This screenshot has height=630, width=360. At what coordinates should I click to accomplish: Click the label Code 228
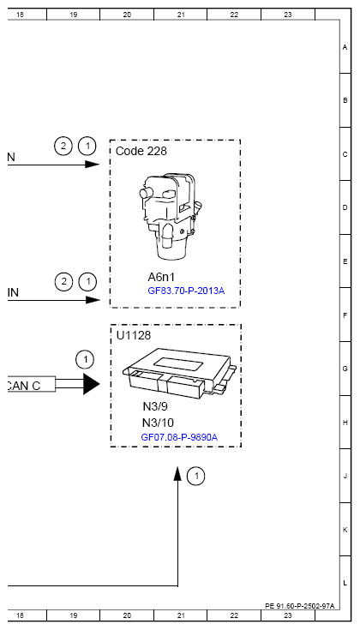[x=141, y=151]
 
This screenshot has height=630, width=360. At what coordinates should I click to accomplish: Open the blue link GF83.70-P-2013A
[x=186, y=291]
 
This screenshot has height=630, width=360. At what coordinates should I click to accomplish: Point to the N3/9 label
[x=157, y=408]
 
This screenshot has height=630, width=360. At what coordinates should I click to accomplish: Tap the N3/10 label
[x=159, y=423]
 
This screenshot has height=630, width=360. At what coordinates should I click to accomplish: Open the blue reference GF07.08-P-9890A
[x=179, y=437]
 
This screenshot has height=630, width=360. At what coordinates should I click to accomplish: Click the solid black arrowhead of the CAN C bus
[x=91, y=385]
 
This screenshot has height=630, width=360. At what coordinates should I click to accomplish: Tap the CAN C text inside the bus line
[x=23, y=385]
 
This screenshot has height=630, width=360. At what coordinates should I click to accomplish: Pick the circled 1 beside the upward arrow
[x=197, y=475]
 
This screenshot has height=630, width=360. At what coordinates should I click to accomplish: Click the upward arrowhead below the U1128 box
[x=178, y=474]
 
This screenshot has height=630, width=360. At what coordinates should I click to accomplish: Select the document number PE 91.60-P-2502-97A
[x=299, y=605]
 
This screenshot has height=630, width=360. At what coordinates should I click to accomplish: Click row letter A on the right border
[x=345, y=47]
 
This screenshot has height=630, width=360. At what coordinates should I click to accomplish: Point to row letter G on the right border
[x=345, y=369]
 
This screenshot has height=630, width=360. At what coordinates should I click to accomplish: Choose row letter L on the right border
[x=345, y=583]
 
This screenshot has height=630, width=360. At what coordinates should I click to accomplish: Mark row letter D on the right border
[x=345, y=207]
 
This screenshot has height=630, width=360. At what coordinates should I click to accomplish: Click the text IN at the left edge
[x=13, y=292]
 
